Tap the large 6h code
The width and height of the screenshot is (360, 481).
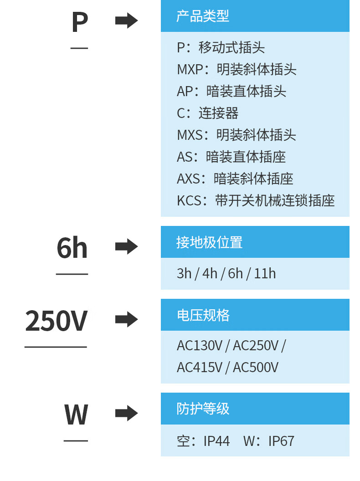pos(72,248)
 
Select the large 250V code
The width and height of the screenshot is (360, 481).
pos(56,321)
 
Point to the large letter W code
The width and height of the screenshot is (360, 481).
pos(76,414)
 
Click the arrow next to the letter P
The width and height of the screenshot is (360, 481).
pos(126,20)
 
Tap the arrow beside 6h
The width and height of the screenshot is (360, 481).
pos(126,246)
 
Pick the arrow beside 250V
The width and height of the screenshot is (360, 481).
pos(126,319)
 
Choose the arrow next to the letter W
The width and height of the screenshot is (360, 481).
pos(126,413)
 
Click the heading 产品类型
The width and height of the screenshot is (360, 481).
pos(202,16)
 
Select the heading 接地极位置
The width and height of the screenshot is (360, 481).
pos(209,242)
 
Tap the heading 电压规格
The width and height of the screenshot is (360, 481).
pos(203,315)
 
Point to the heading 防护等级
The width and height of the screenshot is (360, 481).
pos(203,409)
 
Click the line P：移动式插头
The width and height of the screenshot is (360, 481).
pos(221,47)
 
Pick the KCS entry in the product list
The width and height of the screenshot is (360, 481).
pos(256,200)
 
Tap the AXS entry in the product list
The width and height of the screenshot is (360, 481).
pos(235,179)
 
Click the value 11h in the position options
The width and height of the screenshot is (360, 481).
pos(265,273)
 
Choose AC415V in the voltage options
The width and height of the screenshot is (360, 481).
pos(199,367)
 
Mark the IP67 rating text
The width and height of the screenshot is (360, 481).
pos(281,441)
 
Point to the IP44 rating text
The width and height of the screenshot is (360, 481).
pos(216,441)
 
